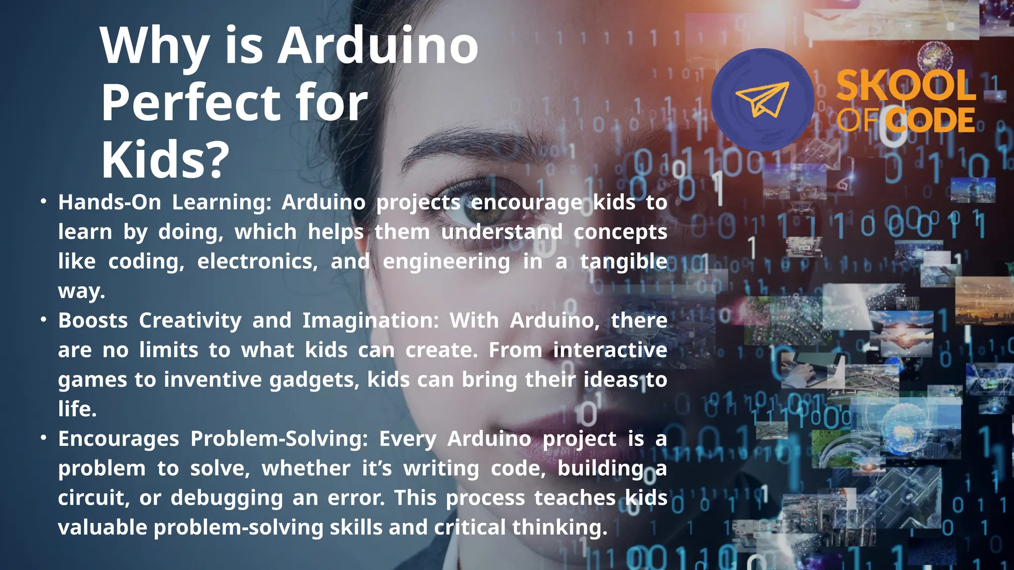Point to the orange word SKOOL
coord(906,86)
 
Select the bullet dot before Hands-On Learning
coord(44,201)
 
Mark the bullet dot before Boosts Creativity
coord(44,320)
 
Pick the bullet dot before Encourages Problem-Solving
coord(44,438)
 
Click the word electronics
coord(257,262)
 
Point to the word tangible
coord(623,262)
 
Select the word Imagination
coord(370,321)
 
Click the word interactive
coord(610,350)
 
